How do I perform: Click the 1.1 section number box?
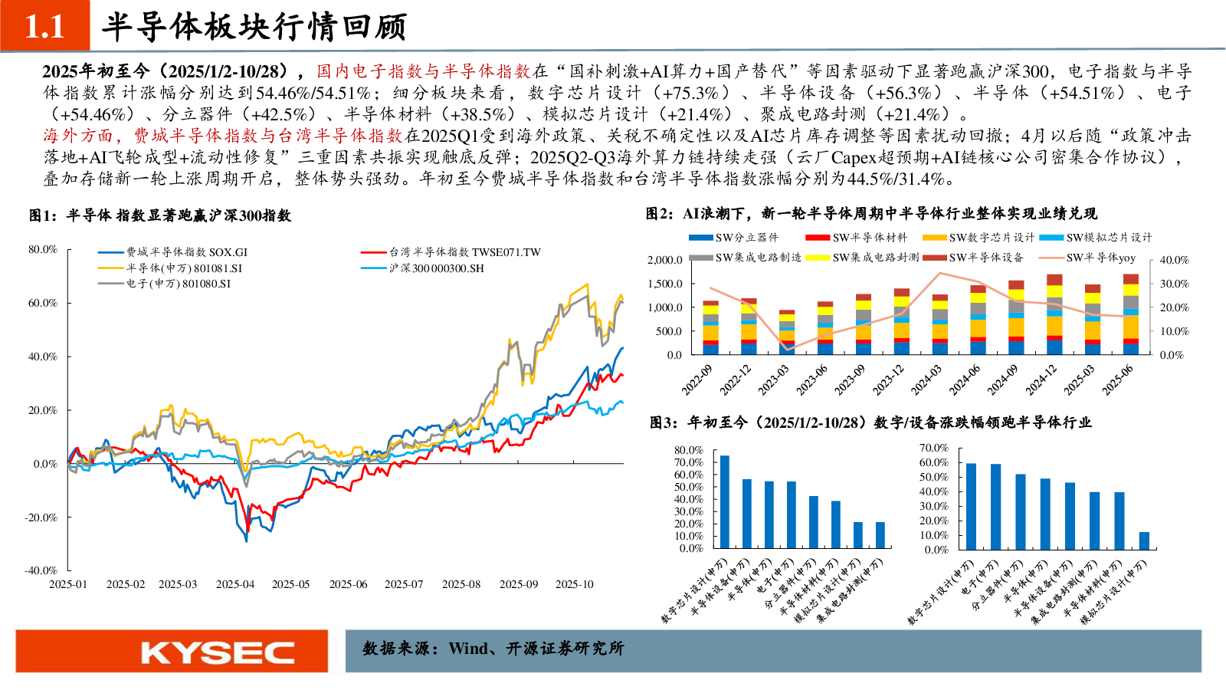point(44,26)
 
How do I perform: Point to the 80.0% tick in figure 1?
point(43,249)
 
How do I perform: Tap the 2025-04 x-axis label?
point(235,584)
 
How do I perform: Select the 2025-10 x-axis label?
point(575,584)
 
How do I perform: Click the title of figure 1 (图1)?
point(160,215)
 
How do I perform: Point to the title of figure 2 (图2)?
point(871,213)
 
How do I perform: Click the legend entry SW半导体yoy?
point(1100,258)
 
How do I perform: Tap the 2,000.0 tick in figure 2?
point(664,260)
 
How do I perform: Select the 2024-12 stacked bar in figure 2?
point(1054,315)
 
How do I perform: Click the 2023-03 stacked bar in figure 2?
point(787,333)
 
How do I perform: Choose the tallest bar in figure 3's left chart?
point(725,501)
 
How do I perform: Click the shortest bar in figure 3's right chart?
point(1144,540)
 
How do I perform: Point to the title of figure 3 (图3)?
point(870,422)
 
